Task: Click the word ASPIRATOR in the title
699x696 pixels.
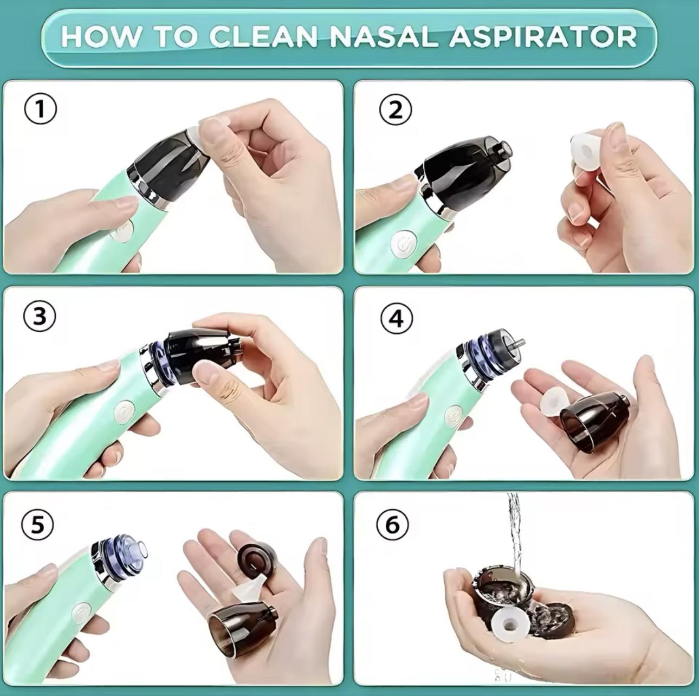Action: [x=542, y=36]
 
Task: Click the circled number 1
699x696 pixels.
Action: [x=40, y=109]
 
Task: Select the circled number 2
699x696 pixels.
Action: [x=396, y=109]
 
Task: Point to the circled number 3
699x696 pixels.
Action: [x=40, y=315]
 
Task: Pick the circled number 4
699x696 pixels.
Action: [x=397, y=319]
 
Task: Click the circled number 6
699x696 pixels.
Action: [x=392, y=525]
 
